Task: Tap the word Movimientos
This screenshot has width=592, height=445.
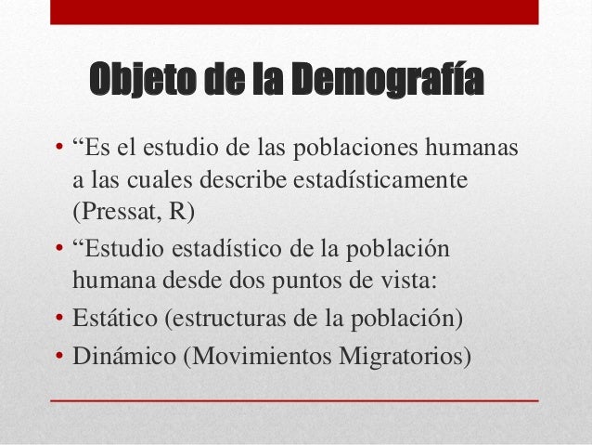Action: pos(264,355)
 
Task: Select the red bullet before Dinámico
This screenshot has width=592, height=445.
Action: pos(58,356)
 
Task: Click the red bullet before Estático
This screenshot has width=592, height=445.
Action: pos(58,321)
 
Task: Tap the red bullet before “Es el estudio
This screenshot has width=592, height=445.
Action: pos(58,151)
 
